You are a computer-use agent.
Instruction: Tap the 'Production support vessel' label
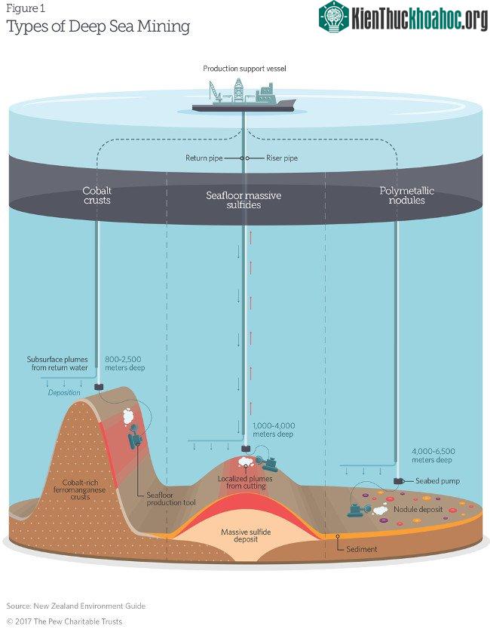coord(244,69)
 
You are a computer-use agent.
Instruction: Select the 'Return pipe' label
coord(204,158)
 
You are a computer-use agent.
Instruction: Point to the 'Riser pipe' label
coord(282,158)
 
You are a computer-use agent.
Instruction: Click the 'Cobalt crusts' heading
coord(97,195)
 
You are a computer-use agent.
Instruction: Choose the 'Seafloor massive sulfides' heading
coord(243,200)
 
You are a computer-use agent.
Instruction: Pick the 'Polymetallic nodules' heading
coord(407,195)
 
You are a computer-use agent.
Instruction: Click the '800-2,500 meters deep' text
coord(124,364)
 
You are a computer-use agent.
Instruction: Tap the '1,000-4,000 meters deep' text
coord(274,430)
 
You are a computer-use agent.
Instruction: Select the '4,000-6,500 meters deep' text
coord(433,456)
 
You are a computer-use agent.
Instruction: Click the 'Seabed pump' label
coord(437,480)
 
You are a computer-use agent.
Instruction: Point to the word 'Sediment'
coord(362,549)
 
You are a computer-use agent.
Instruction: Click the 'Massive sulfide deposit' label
coord(246,535)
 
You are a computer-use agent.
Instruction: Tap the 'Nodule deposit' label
coord(418,509)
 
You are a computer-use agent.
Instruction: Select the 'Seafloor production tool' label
coord(171,499)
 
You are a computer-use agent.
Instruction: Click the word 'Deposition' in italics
coord(64,392)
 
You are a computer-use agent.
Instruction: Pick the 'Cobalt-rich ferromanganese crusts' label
coord(79,489)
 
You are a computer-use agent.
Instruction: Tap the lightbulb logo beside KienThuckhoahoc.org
coord(334,17)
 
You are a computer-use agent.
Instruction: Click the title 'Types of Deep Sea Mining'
coord(98,27)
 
